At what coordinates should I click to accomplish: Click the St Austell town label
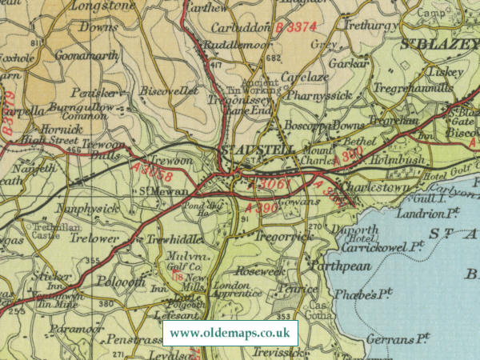point(251,150)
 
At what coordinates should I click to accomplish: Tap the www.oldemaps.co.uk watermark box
point(230,333)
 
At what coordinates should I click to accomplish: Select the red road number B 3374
point(293,29)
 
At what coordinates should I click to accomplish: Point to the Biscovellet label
point(166,90)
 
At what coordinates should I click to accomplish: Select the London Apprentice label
point(236,289)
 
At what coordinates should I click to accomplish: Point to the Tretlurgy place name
point(365,25)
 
